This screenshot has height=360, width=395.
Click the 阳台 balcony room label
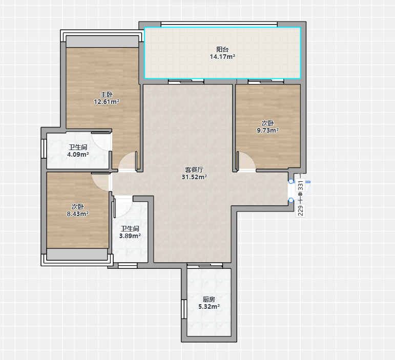click(222, 49)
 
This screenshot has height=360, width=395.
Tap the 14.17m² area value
click(222, 57)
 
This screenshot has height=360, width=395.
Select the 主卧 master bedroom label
click(107, 94)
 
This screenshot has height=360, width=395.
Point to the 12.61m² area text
click(107, 102)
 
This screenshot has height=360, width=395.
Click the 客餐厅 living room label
click(194, 170)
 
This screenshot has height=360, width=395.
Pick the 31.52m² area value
click(194, 177)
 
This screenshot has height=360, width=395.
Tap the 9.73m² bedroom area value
click(267, 131)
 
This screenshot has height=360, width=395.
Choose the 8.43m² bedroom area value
click(77, 214)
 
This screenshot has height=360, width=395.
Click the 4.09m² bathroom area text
click(78, 155)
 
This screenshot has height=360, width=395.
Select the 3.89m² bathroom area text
click(130, 236)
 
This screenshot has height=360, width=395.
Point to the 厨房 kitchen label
click(209, 300)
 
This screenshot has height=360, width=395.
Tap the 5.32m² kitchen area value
click(209, 307)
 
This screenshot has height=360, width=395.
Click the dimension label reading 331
click(300, 186)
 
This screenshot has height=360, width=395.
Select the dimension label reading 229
click(300, 210)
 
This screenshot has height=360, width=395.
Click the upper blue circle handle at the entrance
click(291, 181)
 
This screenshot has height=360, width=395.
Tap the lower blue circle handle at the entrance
click(291, 200)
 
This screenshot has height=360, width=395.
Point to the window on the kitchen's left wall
click(184, 309)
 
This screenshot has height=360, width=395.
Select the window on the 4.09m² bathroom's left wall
click(44, 149)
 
